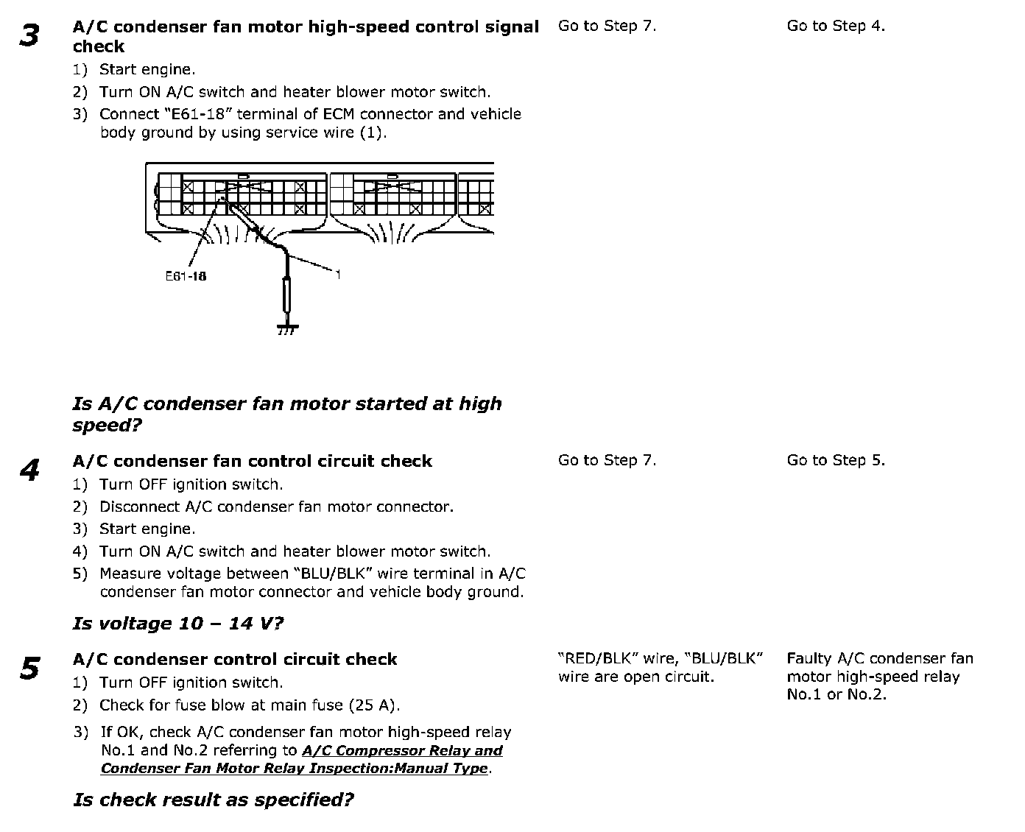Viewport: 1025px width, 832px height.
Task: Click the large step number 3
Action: [29, 35]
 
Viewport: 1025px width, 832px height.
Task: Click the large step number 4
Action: [29, 470]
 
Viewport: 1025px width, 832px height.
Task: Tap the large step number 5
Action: [29, 669]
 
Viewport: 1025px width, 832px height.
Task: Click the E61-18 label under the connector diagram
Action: [186, 276]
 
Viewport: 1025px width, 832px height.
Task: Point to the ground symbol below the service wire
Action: [287, 328]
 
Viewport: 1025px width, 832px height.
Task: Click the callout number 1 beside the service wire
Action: [338, 275]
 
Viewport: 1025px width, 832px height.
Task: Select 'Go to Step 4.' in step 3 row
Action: [836, 26]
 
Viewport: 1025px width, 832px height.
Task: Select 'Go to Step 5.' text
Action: [836, 460]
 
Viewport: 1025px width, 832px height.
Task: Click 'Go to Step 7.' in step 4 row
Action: [607, 460]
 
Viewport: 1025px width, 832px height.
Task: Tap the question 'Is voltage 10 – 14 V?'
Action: [178, 624]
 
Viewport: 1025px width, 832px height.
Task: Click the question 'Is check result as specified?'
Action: [214, 800]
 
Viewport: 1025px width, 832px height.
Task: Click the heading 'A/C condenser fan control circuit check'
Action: [253, 462]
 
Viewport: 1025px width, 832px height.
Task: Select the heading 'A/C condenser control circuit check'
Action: [235, 660]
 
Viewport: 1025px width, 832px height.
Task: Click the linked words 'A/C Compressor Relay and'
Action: [402, 751]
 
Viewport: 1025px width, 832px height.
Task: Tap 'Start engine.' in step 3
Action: [147, 70]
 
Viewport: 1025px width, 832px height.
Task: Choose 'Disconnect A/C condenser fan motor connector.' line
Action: [277, 507]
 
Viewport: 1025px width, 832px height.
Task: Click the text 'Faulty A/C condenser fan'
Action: [880, 659]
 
